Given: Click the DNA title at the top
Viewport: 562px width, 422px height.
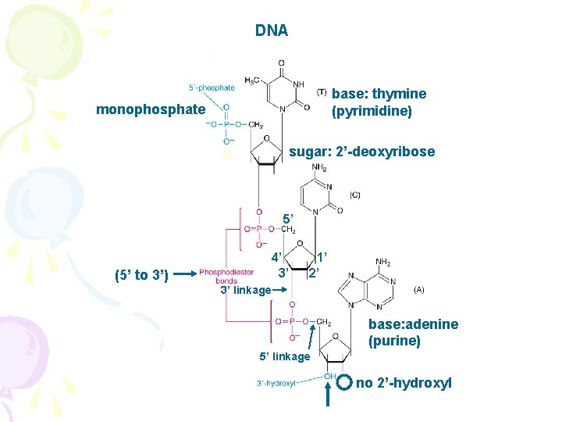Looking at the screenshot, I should [271, 31].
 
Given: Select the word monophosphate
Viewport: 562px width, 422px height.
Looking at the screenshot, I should [150, 109].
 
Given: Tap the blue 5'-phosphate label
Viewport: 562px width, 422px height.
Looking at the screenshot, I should [211, 88].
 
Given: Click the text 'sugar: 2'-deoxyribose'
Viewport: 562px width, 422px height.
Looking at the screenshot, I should [362, 152].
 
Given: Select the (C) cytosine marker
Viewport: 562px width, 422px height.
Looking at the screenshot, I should [354, 195].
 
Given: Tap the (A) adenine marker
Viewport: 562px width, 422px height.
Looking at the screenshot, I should [418, 288].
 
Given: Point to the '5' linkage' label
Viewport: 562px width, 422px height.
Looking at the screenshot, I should [284, 357].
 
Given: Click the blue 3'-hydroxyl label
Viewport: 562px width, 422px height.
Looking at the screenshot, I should [276, 383].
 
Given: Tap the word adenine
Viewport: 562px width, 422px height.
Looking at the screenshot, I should [432, 324].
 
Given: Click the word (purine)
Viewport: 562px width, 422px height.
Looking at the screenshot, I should [395, 341].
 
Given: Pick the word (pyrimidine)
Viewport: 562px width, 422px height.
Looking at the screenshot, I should [372, 111].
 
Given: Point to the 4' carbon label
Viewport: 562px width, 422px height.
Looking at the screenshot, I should [276, 256].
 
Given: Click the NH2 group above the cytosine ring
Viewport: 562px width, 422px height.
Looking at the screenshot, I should [319, 167].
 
